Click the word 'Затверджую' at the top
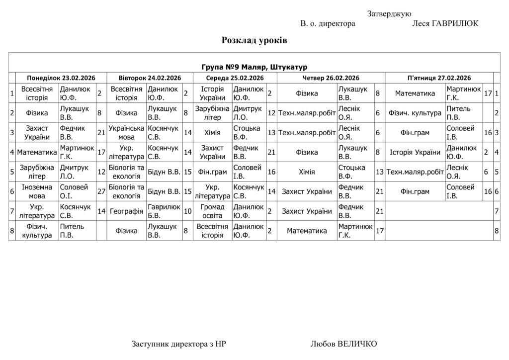(x=389, y=13)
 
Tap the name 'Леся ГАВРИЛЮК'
(x=445, y=23)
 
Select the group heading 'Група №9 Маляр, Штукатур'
(x=254, y=67)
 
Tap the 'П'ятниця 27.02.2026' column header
(x=439, y=78)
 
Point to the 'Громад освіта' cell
(x=213, y=211)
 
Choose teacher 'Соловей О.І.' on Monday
(x=74, y=191)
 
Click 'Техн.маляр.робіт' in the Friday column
(x=415, y=172)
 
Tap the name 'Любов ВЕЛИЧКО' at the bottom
(x=343, y=344)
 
